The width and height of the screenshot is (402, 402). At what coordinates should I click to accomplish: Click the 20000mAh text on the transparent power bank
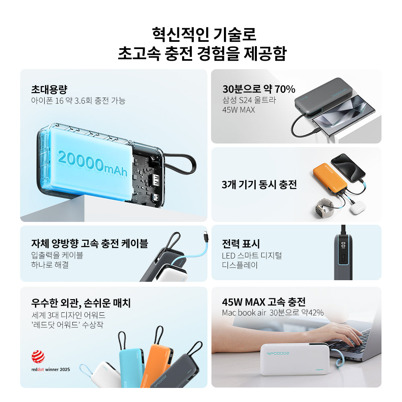(93, 164)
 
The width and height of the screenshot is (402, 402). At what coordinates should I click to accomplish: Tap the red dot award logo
(38, 357)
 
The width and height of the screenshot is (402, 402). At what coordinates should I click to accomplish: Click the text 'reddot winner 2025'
(51, 369)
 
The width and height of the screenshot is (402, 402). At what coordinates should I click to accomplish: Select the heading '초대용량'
(49, 90)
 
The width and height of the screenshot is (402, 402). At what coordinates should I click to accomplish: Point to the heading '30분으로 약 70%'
(258, 89)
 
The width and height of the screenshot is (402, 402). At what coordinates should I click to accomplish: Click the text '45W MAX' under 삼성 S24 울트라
(238, 110)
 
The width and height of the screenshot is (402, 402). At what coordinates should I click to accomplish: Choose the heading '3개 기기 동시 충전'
(259, 185)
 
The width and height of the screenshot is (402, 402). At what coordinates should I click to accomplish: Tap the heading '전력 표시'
(241, 244)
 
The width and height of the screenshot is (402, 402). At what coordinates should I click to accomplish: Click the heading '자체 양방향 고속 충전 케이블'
(90, 243)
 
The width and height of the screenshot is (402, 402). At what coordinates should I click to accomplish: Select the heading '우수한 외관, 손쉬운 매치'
(81, 303)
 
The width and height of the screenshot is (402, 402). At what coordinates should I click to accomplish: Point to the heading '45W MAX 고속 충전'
(264, 302)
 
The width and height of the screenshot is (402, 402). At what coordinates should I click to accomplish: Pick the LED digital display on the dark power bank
(343, 245)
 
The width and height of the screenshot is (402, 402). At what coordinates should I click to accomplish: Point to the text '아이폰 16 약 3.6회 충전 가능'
(78, 100)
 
